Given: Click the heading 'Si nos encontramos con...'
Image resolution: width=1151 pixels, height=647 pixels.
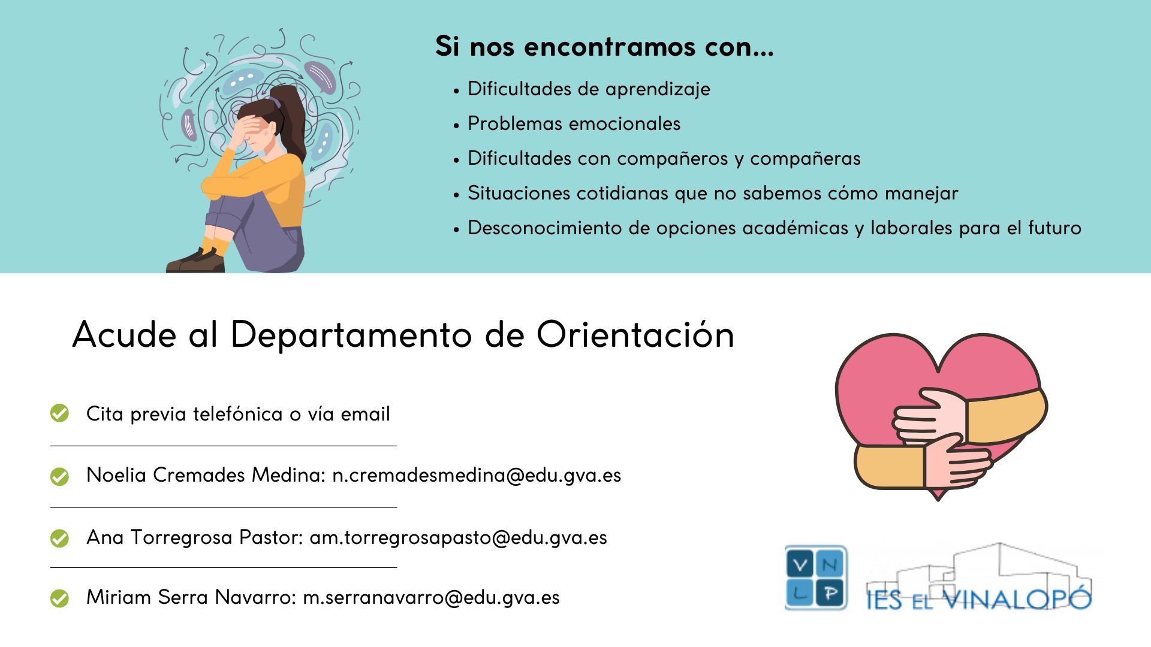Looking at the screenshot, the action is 604,47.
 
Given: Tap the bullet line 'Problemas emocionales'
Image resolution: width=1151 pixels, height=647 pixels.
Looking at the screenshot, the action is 574,124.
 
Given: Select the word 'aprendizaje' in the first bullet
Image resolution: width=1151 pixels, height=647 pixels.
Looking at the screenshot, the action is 658,89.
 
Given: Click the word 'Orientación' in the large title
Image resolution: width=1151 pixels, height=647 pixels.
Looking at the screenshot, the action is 635,334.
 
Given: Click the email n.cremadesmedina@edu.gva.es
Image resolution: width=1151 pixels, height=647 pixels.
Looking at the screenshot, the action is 477,475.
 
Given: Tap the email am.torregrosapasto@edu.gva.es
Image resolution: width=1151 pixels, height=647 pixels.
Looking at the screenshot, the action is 458,537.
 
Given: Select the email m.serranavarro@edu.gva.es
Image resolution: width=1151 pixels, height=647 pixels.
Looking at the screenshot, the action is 431,597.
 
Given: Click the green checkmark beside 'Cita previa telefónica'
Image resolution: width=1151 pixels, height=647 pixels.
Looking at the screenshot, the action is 59,413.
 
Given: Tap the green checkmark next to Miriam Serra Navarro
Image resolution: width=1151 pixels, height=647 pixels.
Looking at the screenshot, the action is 59,598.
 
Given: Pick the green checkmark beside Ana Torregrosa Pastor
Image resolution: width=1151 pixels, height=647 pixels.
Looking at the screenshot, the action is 59,538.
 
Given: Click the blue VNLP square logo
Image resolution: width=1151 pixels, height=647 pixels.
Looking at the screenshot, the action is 816,578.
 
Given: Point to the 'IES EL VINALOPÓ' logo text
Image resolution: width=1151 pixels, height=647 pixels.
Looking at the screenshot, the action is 978,598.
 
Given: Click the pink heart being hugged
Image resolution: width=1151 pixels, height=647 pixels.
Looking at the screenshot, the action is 887,383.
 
